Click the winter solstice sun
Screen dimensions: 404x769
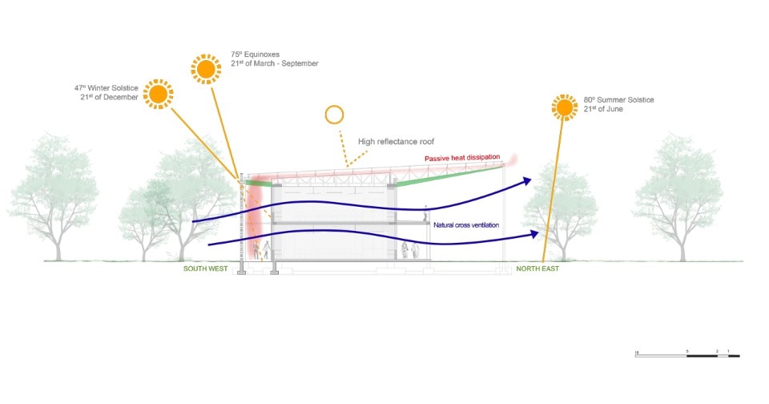159,95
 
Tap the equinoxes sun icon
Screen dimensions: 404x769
206,69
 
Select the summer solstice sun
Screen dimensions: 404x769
565,107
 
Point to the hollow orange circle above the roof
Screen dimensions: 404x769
334,115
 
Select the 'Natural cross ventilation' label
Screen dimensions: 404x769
466,225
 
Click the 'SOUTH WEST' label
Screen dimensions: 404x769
206,269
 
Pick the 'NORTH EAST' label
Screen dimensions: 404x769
537,269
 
